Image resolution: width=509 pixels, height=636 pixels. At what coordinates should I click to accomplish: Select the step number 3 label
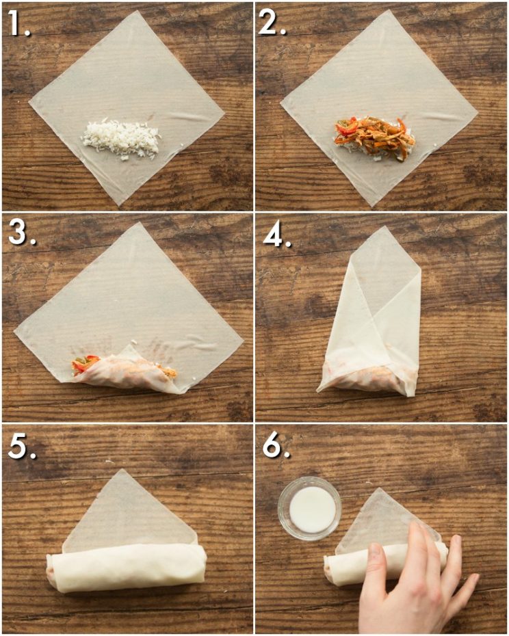pyautogui.click(x=18, y=235)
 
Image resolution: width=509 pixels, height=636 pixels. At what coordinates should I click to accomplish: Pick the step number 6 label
pyautogui.click(x=274, y=446)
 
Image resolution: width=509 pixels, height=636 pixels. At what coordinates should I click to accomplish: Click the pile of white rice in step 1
pyautogui.click(x=120, y=139)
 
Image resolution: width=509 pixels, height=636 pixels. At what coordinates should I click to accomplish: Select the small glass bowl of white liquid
pyautogui.click(x=310, y=508)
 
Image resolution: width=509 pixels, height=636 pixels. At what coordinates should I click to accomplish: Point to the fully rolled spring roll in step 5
pyautogui.click(x=127, y=567)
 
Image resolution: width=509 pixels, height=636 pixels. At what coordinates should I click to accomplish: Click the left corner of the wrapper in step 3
pyautogui.click(x=16, y=333)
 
